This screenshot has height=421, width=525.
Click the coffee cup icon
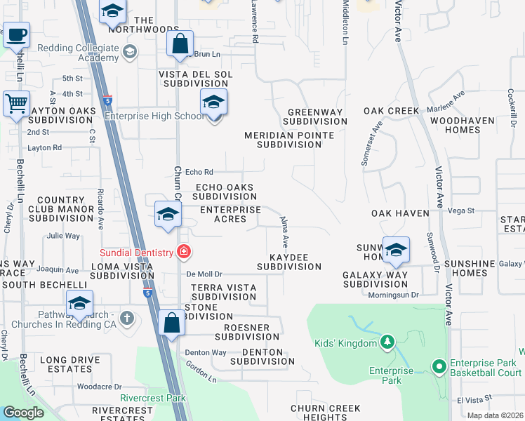pos(16,34)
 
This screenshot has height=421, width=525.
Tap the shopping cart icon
pos(16,104)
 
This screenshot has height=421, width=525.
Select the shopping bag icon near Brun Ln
pos(180,43)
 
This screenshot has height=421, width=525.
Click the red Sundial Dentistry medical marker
pos(183,251)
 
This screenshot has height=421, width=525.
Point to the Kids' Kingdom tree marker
pos(386,342)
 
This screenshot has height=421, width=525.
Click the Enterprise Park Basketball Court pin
pos(439,366)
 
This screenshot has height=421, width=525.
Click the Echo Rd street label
pos(199,171)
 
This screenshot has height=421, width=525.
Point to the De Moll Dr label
pos(204,274)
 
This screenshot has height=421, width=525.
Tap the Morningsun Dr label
pos(393,295)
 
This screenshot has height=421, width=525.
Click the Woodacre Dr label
pos(99,386)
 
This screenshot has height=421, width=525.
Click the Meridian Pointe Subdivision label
pos(283,140)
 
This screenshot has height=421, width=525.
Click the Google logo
pos(23,413)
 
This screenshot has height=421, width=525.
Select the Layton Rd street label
pos(45,147)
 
